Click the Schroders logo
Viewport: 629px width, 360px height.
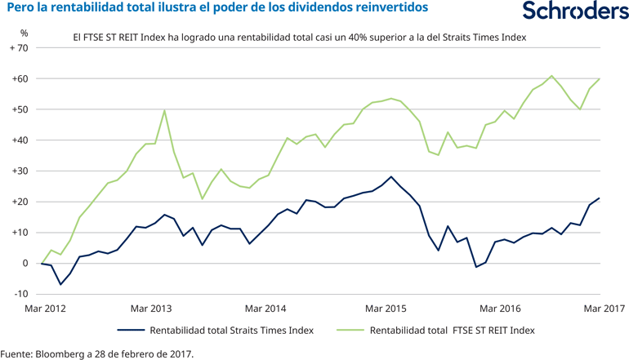[575, 11]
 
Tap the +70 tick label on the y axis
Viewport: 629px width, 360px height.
[19, 48]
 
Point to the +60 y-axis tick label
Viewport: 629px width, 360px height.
[19, 79]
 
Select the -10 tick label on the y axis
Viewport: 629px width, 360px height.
[19, 294]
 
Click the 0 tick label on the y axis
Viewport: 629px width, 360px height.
[25, 263]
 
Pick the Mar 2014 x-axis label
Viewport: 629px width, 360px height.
[265, 309]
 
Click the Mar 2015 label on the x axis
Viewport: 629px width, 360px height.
[386, 309]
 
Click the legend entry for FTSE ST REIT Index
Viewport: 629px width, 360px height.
[453, 331]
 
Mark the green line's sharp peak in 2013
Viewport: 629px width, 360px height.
[165, 110]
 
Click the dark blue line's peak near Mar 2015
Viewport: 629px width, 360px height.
[391, 176]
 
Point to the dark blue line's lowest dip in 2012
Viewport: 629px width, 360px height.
[60, 284]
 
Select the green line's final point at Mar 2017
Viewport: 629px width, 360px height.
[600, 78]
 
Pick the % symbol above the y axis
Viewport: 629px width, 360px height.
[25, 33]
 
